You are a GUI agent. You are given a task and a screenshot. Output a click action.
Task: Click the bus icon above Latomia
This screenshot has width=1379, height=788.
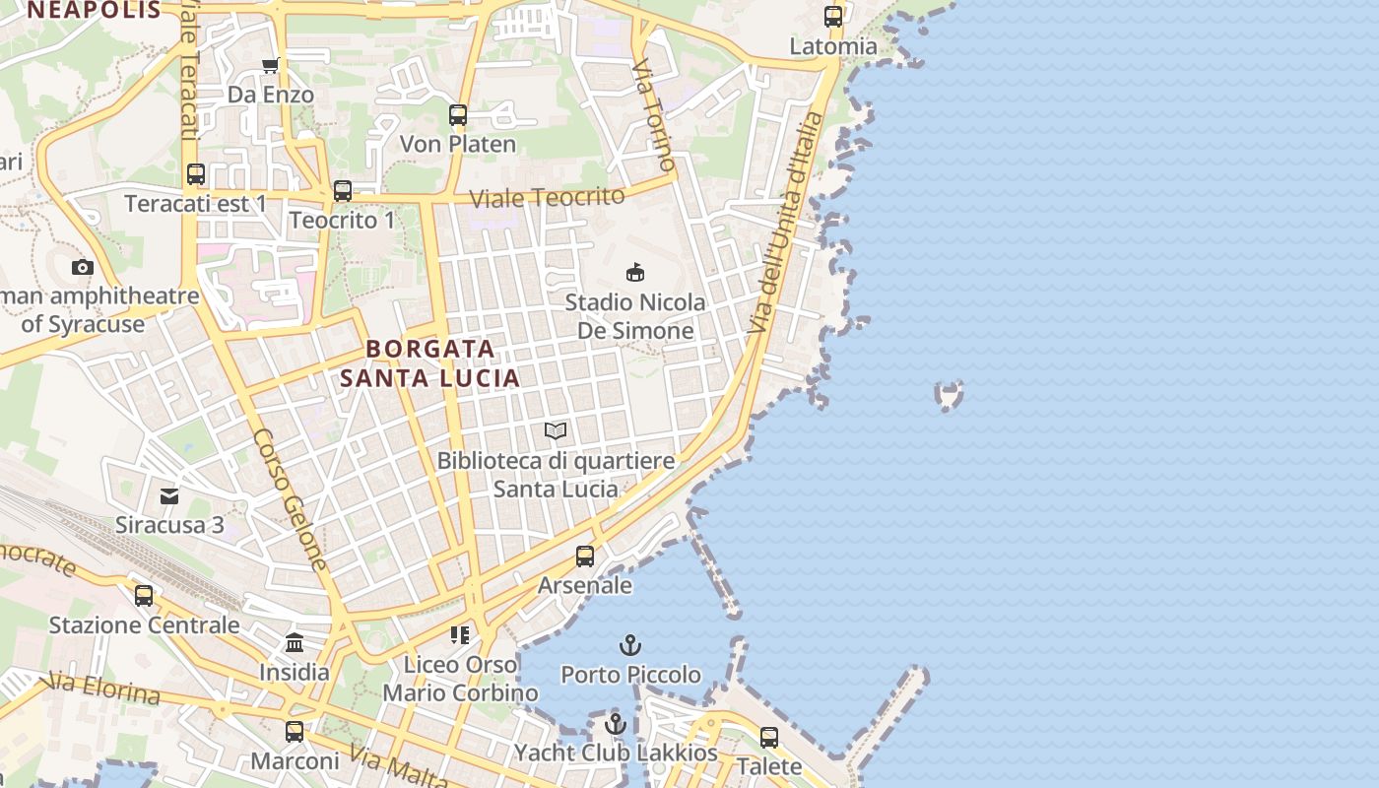[833, 17]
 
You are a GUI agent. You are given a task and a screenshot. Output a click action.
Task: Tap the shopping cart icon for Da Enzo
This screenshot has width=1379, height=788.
[270, 66]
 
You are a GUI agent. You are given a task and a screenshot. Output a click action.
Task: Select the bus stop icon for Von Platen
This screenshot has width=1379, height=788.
[458, 115]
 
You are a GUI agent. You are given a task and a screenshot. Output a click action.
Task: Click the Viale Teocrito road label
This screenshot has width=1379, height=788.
[547, 197]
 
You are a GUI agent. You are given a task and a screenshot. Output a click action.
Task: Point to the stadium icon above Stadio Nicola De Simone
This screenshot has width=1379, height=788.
[635, 272]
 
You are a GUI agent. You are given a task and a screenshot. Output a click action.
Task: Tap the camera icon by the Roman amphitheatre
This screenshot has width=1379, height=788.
[83, 267]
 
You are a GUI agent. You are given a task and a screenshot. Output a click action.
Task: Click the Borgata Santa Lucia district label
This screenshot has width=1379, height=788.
[430, 363]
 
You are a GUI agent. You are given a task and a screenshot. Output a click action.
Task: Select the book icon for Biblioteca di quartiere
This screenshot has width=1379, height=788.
[556, 431]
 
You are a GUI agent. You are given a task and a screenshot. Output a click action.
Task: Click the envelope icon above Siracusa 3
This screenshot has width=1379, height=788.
[169, 495]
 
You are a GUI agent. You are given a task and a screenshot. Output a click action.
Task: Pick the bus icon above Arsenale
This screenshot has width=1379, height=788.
[585, 557]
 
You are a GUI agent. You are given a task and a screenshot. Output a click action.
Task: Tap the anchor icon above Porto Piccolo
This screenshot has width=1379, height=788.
[629, 646]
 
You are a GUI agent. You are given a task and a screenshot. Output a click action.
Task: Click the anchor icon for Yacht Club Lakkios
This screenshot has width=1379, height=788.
[616, 724]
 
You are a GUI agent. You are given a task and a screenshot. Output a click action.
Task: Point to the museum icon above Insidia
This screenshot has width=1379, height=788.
[294, 644]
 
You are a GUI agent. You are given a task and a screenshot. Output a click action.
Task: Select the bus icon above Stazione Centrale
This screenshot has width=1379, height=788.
[144, 596]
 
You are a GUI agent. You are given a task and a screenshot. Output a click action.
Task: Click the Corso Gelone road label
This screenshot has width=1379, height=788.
[290, 498]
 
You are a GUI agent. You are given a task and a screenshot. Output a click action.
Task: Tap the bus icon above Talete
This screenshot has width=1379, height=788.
[769, 737]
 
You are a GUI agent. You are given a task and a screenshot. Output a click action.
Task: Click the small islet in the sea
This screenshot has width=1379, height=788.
[949, 395]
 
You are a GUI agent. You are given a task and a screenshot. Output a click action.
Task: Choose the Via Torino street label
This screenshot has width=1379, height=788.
[654, 114]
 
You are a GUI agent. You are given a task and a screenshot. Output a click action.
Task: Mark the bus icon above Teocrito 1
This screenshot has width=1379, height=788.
[343, 191]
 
